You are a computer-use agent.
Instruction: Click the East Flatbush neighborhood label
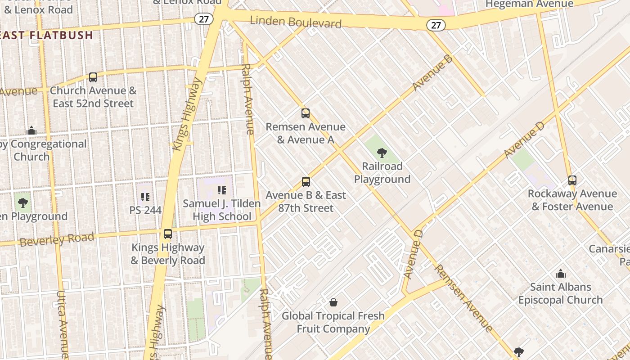point(47,35)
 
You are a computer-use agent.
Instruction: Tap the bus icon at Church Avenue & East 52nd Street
point(93,77)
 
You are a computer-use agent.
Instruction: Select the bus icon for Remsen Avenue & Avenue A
point(306,113)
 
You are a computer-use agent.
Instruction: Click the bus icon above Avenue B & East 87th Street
point(306,182)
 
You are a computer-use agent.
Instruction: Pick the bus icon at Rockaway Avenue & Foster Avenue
point(572,180)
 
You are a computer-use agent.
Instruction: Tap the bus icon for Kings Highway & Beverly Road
point(168,234)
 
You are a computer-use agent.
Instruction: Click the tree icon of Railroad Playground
point(382,153)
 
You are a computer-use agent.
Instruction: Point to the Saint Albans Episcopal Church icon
point(561,274)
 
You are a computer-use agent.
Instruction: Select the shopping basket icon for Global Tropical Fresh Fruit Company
point(333,302)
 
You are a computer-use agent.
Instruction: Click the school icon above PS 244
point(145,197)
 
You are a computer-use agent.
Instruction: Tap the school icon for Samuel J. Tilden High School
point(221,190)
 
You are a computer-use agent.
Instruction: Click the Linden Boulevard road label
point(296,22)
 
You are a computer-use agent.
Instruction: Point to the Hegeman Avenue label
point(530,4)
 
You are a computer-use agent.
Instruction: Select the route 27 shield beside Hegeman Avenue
point(436,25)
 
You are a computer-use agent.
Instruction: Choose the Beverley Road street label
point(57,239)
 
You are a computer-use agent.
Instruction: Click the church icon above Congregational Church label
point(31,130)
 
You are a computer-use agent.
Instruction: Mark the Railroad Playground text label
point(382,173)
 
